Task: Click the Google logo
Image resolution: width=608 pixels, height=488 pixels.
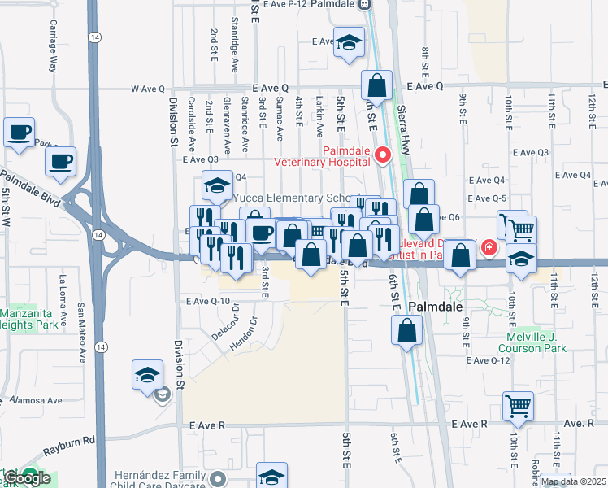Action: coord(27,478)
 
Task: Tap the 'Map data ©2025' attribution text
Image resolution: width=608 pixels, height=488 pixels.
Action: coord(574,481)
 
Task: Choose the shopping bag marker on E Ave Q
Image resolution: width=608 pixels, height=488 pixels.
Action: coord(376,85)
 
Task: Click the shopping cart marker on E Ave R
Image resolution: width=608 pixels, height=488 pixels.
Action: coord(519,405)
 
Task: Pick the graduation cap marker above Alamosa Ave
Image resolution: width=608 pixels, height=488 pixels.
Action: coord(147,375)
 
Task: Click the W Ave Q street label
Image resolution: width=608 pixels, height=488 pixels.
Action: coord(147,89)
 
